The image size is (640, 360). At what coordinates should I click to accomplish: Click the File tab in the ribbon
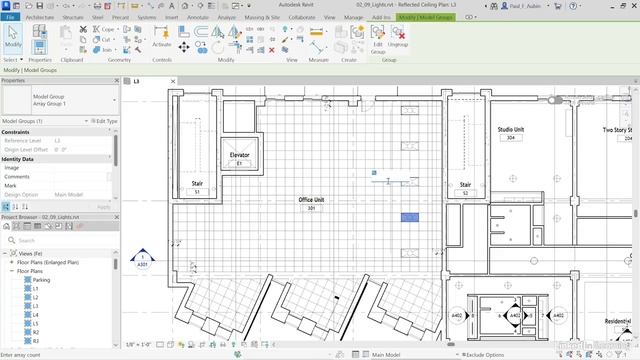point(10,18)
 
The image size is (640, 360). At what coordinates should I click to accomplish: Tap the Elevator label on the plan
point(240,156)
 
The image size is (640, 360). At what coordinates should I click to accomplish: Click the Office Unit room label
point(312,201)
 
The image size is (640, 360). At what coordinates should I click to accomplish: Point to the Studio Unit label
point(513,130)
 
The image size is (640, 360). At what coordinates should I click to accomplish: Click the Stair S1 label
point(197,184)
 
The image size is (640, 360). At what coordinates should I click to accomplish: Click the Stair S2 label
point(465,185)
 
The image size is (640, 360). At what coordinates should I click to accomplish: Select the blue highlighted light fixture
point(410,217)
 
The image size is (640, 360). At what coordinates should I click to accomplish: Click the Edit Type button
point(103,121)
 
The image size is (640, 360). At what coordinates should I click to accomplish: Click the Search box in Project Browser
point(60,240)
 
